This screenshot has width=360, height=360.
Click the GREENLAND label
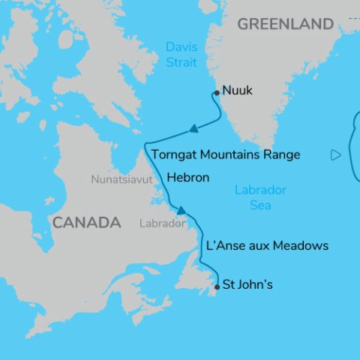click(286, 25)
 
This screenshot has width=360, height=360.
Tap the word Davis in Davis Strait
click(181, 48)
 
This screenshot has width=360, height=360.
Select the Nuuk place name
click(238, 91)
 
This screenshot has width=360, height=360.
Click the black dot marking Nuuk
click(217, 92)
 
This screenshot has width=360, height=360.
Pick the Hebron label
click(187, 178)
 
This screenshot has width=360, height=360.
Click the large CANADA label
click(86, 223)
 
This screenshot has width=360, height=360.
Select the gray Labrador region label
click(162, 223)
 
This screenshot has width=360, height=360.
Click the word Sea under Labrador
click(260, 205)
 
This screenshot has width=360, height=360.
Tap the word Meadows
click(300, 246)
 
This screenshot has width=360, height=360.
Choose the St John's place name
click(248, 285)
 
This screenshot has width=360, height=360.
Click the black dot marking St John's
click(217, 286)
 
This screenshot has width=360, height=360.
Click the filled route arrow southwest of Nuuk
click(193, 129)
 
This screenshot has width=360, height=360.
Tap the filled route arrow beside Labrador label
click(180, 209)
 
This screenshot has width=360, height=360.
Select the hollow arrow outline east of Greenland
click(335, 155)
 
